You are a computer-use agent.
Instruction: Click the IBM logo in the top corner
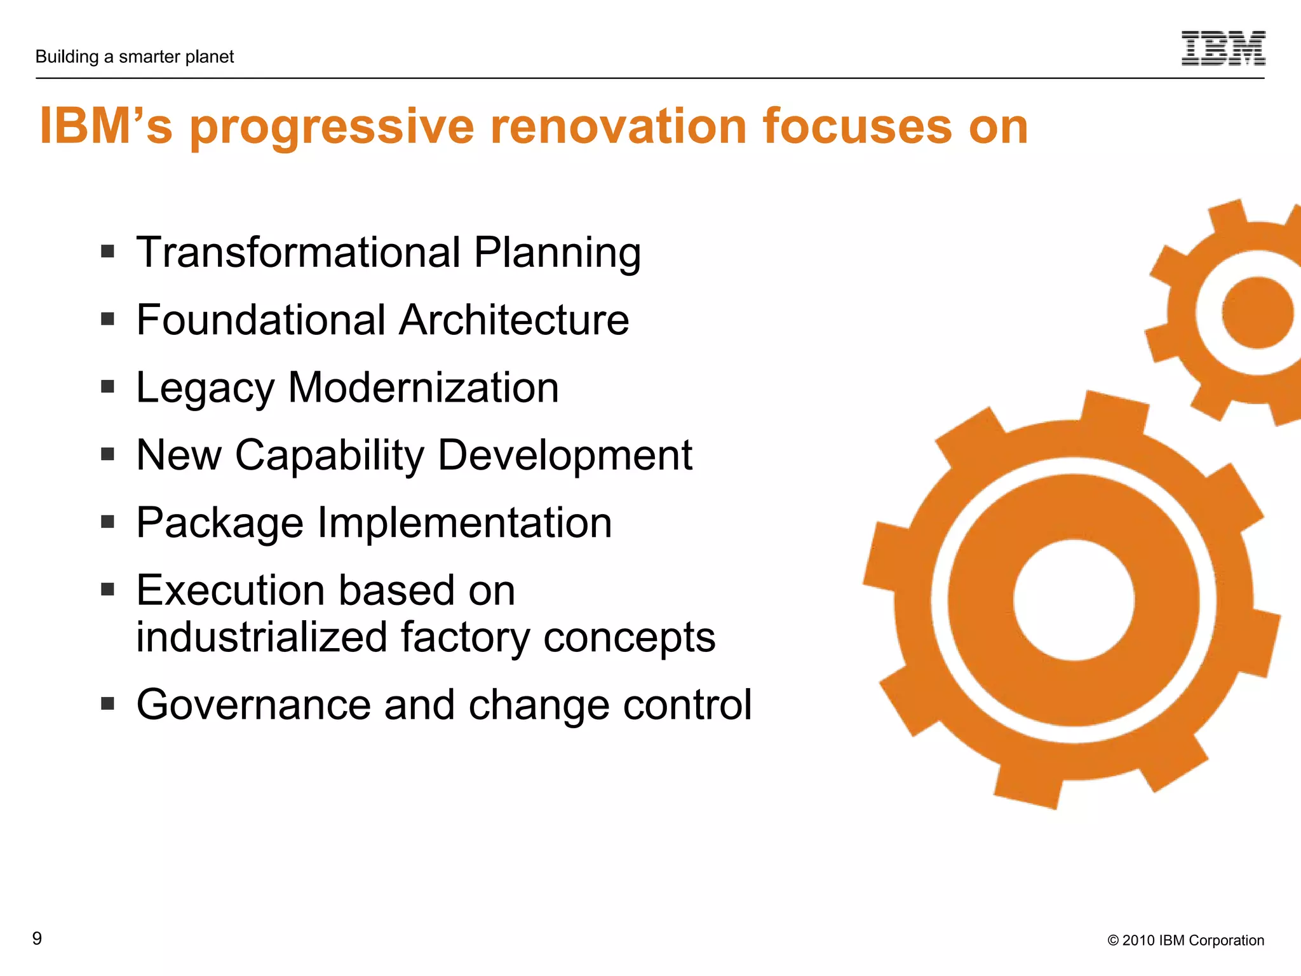click(1223, 48)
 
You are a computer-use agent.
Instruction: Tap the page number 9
click(37, 939)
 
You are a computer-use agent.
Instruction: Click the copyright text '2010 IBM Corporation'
click(1192, 940)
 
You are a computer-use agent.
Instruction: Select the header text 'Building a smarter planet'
click(135, 57)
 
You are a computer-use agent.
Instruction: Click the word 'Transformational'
click(299, 252)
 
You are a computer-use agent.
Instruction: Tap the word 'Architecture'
click(514, 320)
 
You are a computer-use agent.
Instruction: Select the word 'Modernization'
click(423, 388)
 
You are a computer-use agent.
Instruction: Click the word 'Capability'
click(329, 456)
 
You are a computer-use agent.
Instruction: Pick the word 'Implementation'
click(464, 523)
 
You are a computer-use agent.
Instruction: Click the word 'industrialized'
click(262, 637)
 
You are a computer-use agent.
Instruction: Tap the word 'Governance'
click(253, 705)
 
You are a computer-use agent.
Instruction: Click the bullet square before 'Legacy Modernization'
click(107, 386)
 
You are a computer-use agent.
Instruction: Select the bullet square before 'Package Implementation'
click(107, 522)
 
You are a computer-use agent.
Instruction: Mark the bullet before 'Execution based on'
click(107, 589)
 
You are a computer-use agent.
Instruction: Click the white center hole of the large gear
click(1074, 600)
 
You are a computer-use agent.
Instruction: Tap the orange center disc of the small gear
click(1257, 313)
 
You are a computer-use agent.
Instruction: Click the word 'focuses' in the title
click(858, 126)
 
